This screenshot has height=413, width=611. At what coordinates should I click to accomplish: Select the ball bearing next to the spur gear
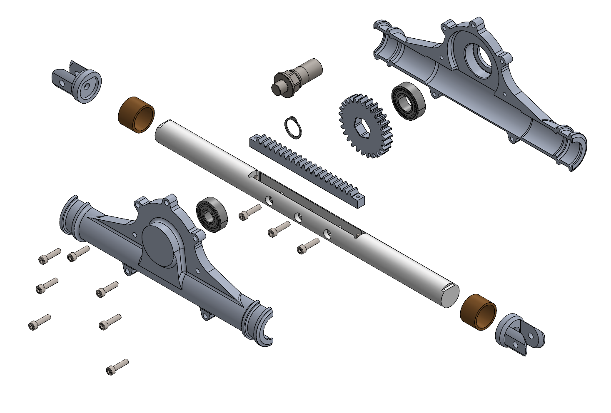(409, 101)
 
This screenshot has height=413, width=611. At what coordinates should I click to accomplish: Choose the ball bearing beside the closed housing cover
(212, 214)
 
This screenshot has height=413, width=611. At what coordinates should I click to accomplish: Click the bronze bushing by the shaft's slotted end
(478, 312)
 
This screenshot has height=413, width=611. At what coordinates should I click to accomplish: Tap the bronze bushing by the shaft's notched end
(137, 115)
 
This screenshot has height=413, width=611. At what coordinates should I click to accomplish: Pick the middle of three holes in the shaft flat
(298, 217)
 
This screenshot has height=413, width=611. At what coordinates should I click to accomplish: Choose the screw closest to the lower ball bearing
(249, 213)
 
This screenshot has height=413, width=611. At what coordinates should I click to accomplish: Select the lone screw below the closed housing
(117, 367)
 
